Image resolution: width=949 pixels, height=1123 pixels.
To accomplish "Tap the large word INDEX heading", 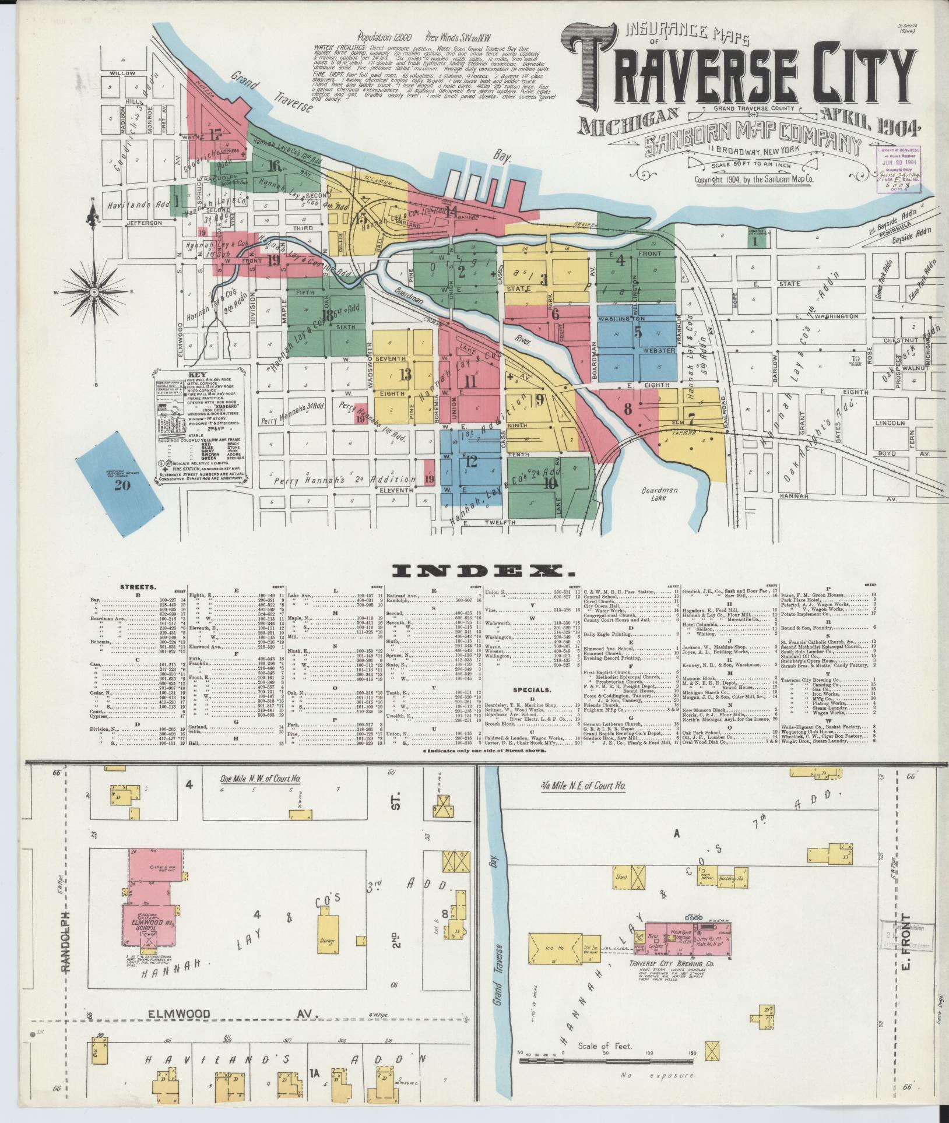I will click(x=474, y=569).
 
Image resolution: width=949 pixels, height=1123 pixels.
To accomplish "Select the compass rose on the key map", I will click(x=93, y=289).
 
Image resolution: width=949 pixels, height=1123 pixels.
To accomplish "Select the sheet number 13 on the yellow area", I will click(x=405, y=374).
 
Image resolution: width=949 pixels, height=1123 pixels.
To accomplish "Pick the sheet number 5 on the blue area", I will click(x=638, y=332).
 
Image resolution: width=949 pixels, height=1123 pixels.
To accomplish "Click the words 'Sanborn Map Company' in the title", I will click(x=752, y=146).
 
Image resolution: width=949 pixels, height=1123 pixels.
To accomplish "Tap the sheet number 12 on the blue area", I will click(x=471, y=462).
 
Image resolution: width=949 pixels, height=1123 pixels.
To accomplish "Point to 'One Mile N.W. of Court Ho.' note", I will click(x=260, y=779).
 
